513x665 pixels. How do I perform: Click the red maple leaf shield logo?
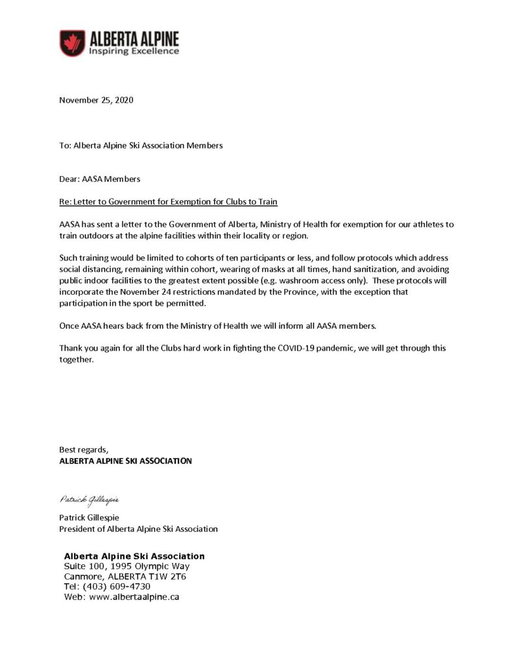pos(71,43)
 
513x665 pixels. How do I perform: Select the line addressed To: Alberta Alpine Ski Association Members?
pos(141,145)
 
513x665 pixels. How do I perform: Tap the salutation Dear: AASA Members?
pos(99,178)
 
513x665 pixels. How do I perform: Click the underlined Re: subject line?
pos(168,201)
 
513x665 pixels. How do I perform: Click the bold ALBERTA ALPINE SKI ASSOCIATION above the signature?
pos(125,461)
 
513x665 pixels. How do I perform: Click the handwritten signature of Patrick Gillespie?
pos(89,499)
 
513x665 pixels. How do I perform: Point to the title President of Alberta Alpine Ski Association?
pos(138,529)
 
